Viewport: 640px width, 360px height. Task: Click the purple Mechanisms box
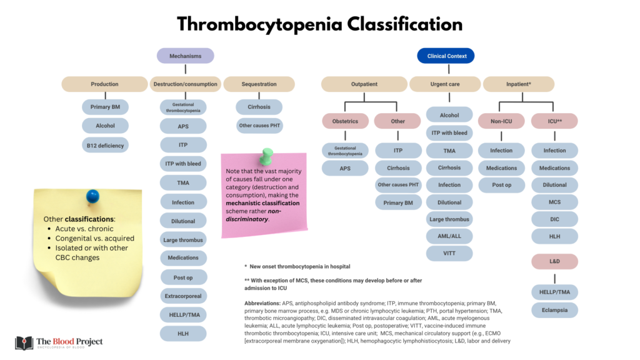[185, 56]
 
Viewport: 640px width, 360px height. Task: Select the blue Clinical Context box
[446, 56]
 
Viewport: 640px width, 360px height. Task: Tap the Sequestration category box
[259, 84]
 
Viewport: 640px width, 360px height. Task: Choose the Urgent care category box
[444, 84]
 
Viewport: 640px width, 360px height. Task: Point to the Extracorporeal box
[182, 296]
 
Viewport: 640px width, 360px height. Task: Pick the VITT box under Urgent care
[449, 254]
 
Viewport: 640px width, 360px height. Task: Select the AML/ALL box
[449, 236]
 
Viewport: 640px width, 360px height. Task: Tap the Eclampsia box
[554, 309]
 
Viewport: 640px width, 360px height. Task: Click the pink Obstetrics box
[345, 121]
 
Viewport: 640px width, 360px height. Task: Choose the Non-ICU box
[501, 121]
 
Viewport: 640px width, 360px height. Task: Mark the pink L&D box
[554, 261]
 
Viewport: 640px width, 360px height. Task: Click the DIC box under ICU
[554, 219]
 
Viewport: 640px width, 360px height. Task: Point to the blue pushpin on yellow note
[92, 196]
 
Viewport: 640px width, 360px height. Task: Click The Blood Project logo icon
[24, 342]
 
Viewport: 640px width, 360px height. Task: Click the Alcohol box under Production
[105, 126]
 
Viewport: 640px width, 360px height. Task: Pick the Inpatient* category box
[518, 84]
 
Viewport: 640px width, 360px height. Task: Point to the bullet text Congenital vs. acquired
[95, 238]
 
